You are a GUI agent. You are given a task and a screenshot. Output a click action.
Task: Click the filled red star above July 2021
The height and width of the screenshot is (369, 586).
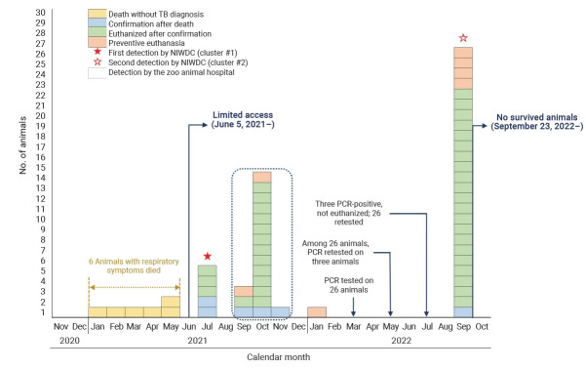tap(208, 257)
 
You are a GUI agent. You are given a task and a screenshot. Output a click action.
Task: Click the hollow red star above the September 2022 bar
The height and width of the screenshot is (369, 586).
tap(463, 38)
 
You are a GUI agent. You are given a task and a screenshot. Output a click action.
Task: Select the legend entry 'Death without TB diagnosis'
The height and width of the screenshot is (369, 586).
tap(145, 15)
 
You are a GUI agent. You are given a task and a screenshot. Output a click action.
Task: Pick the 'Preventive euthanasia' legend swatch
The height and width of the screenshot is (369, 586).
tap(98, 42)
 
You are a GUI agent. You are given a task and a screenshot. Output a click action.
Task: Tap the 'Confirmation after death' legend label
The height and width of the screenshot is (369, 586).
tap(151, 24)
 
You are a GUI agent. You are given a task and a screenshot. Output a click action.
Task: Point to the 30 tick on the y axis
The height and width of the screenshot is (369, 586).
tap(40, 13)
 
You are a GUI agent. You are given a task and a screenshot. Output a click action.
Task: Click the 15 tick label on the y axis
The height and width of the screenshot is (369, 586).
tap(40, 167)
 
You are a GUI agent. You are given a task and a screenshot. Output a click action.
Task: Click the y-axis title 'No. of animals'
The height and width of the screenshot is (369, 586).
tap(22, 145)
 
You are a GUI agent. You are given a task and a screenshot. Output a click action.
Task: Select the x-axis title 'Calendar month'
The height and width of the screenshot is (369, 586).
tap(279, 357)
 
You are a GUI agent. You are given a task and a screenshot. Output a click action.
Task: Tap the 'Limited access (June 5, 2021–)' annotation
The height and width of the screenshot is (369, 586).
tap(243, 119)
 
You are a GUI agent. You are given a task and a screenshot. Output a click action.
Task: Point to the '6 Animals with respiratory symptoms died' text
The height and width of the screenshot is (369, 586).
tap(134, 266)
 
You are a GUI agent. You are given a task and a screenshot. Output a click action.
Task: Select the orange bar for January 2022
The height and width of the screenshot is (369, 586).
tap(317, 312)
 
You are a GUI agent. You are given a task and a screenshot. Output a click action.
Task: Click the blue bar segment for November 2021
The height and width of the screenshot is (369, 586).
tap(280, 312)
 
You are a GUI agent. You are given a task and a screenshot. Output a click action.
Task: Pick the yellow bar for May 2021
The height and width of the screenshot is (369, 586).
tap(171, 307)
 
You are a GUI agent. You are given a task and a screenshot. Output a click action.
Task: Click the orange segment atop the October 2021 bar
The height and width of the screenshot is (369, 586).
tap(262, 177)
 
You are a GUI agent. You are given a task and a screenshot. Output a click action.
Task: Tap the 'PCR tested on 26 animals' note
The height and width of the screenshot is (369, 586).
tap(349, 285)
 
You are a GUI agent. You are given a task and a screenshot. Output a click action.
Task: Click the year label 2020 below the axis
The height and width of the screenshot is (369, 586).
tap(70, 341)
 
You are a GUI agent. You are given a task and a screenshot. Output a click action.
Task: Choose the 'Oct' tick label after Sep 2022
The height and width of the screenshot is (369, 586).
tap(482, 327)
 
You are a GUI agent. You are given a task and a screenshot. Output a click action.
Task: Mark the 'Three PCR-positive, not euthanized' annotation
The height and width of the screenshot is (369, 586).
tap(349, 213)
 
